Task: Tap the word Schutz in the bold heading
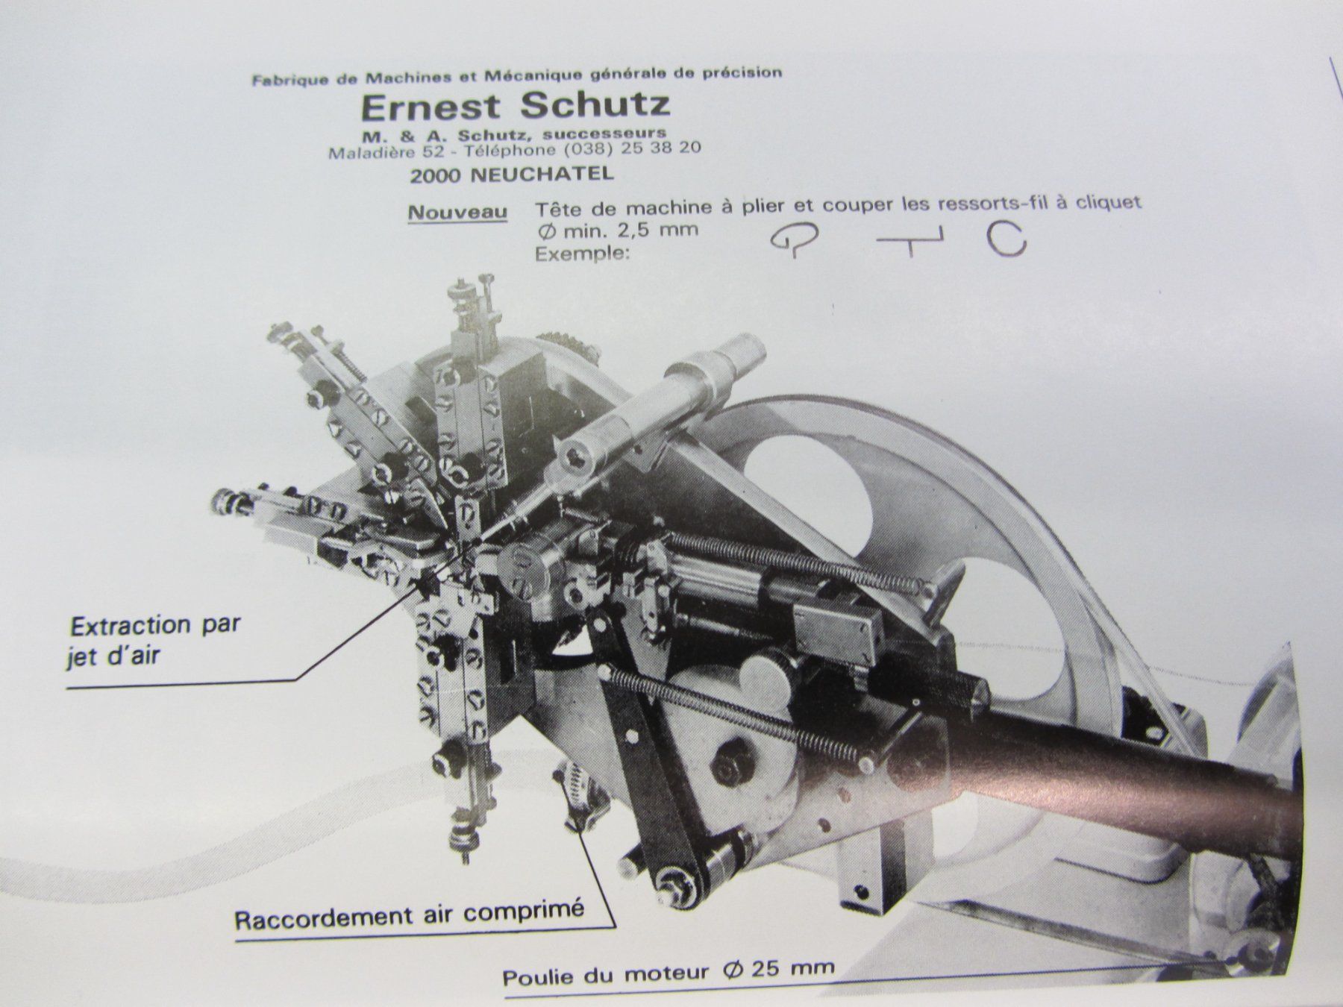click(x=595, y=105)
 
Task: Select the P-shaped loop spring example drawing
click(x=791, y=239)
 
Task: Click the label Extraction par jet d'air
click(x=155, y=639)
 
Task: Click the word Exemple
click(x=582, y=253)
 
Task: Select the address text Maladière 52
click(x=383, y=153)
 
